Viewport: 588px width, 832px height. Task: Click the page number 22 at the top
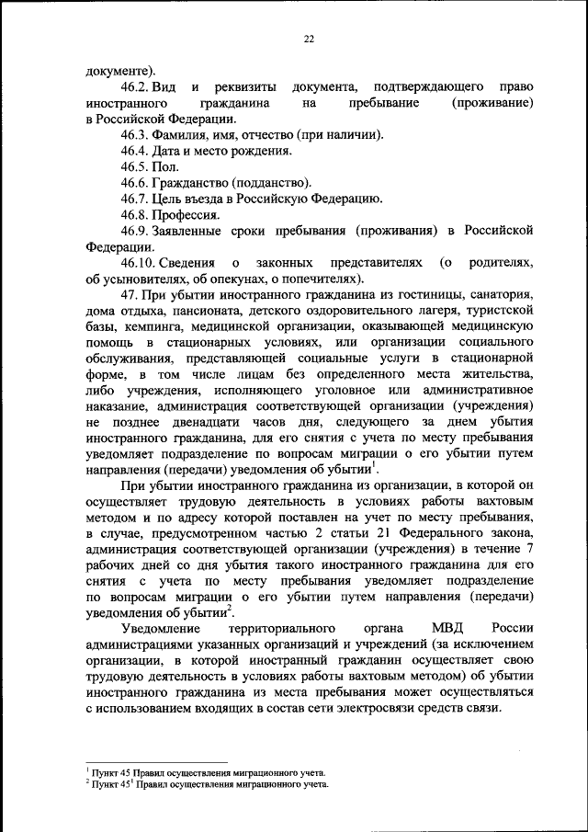coord(309,39)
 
